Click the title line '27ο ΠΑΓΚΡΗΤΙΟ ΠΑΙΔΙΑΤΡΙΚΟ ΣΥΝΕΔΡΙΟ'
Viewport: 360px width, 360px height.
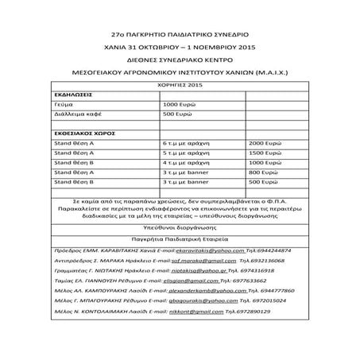[180, 36]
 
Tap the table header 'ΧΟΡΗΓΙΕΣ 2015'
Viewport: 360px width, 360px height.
[180, 83]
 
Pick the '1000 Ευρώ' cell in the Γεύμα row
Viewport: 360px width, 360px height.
[179, 103]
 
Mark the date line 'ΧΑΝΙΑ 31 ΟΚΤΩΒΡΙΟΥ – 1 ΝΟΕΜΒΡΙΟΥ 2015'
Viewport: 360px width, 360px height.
[180, 47]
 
